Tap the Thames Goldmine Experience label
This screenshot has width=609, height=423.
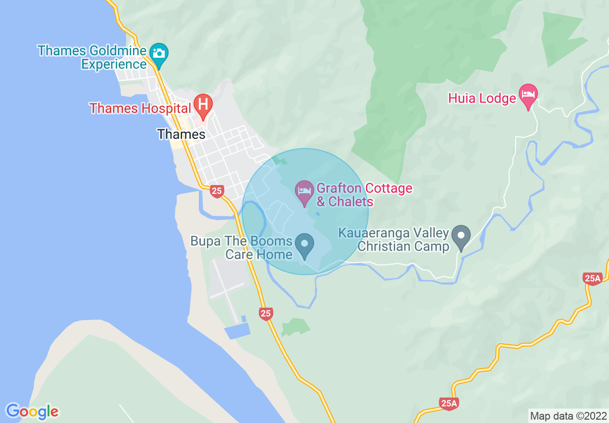click(92, 57)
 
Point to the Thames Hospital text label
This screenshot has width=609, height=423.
click(140, 108)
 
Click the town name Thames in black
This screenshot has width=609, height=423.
click(181, 135)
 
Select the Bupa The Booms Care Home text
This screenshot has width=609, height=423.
click(242, 248)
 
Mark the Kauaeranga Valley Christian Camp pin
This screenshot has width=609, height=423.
click(462, 236)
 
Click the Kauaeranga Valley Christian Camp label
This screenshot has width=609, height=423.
click(394, 240)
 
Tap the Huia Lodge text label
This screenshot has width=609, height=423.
click(482, 99)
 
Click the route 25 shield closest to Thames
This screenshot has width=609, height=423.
click(217, 191)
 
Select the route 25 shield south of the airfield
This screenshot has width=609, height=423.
click(266, 314)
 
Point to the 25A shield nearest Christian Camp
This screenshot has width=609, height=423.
click(593, 278)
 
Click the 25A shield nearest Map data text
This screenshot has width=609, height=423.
click(449, 403)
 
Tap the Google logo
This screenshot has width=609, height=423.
click(32, 411)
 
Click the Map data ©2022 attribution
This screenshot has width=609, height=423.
click(567, 416)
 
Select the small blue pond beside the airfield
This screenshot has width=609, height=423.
click(238, 330)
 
